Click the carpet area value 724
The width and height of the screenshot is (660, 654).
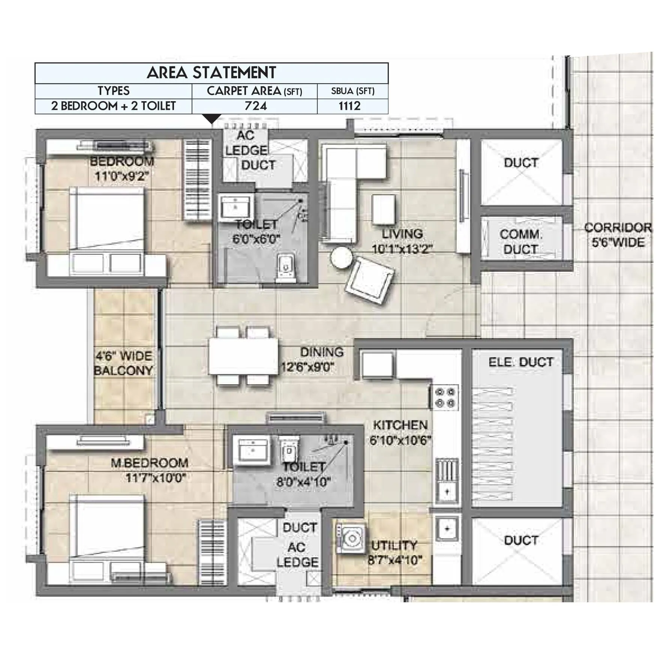pyautogui.click(x=255, y=106)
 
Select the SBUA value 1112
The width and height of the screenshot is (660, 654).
pyautogui.click(x=349, y=106)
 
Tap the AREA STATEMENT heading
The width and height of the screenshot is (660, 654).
pyautogui.click(x=211, y=73)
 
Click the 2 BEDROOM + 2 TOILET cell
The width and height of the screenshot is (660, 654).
pyautogui.click(x=113, y=106)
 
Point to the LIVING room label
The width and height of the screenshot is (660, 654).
pyautogui.click(x=402, y=234)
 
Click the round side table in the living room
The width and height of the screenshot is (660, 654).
pyautogui.click(x=341, y=258)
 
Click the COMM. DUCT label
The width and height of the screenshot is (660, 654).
pyautogui.click(x=521, y=242)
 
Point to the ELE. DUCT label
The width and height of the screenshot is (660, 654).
pyautogui.click(x=521, y=362)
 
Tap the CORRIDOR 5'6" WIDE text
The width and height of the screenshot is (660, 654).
pyautogui.click(x=618, y=235)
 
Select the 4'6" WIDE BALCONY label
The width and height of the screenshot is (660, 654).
pyautogui.click(x=123, y=363)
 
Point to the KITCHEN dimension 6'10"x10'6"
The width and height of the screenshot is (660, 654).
pyautogui.click(x=400, y=440)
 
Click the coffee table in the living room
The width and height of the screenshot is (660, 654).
pyautogui.click(x=383, y=209)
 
